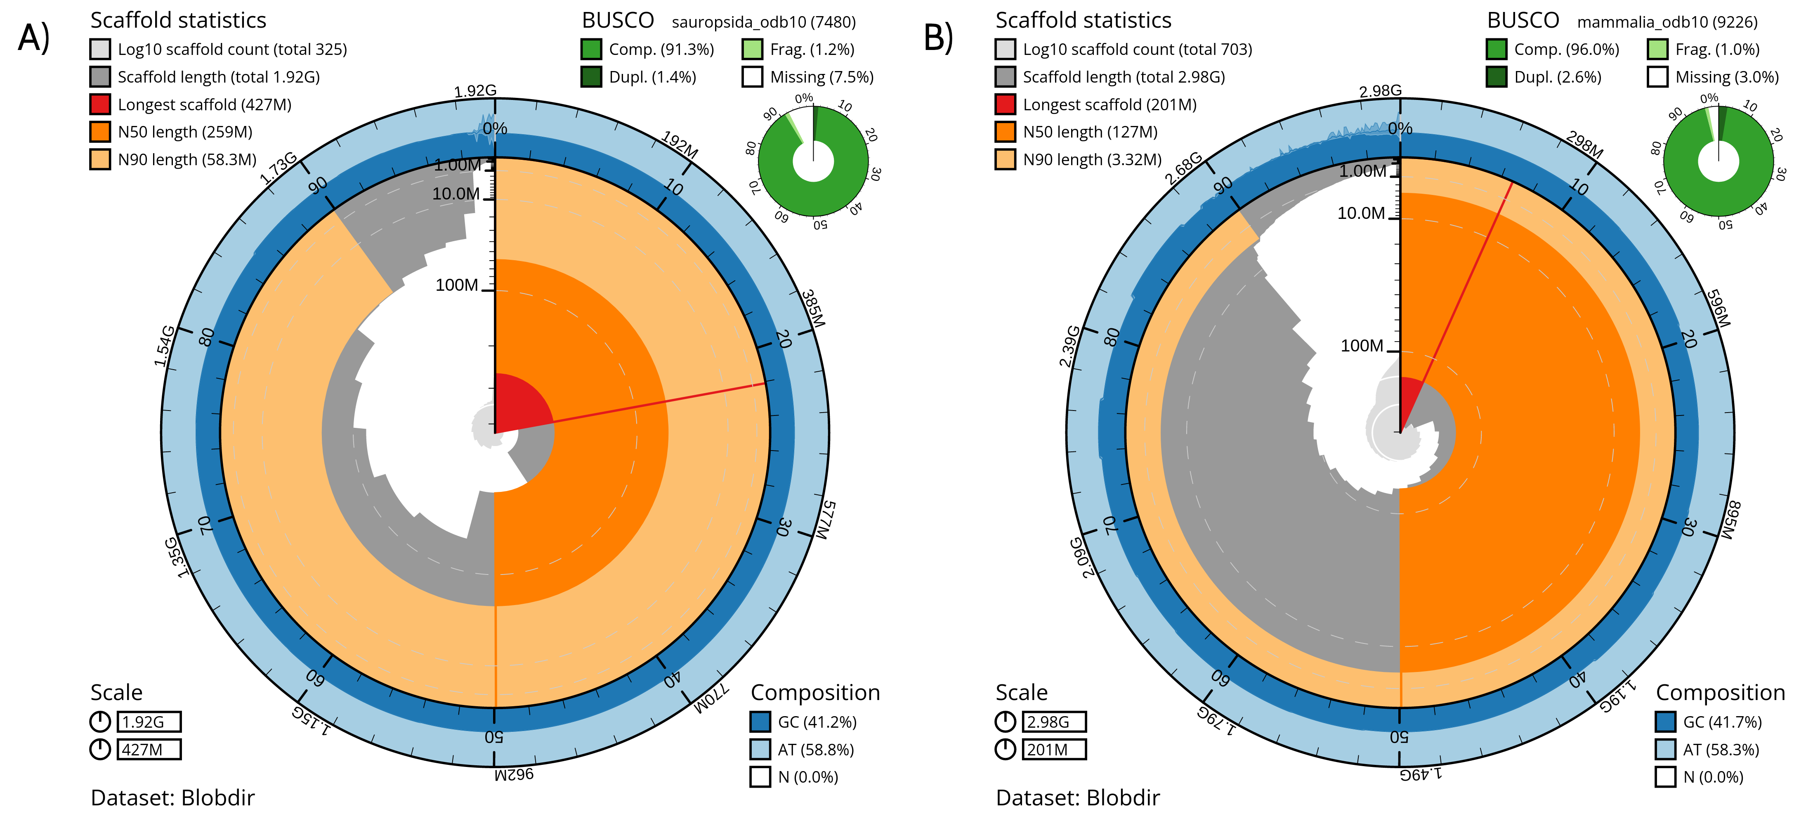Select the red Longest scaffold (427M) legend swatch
coord(100,104)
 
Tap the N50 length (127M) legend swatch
coord(1005,132)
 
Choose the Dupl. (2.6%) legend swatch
coord(1496,77)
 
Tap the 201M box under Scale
coord(1054,749)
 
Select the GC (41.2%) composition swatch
coord(760,722)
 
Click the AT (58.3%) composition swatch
coord(1665,749)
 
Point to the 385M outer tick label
coord(813,308)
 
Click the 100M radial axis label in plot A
coord(457,285)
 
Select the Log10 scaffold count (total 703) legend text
coord(1137,49)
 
